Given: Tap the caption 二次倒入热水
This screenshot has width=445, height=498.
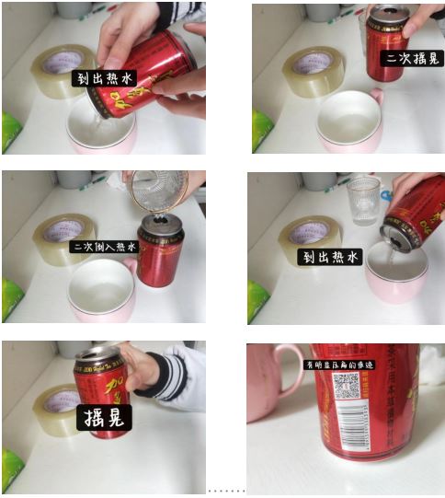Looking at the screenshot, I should click(104, 247).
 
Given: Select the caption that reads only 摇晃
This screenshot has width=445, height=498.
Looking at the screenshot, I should click(103, 417).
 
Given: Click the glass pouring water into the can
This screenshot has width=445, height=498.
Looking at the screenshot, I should click(157, 188).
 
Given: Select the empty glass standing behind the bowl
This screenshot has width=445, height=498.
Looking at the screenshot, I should click(363, 199).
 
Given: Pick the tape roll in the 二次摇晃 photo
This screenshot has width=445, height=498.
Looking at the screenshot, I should click(310, 70).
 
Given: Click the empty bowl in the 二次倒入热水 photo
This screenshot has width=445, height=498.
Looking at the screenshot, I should click(101, 286).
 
